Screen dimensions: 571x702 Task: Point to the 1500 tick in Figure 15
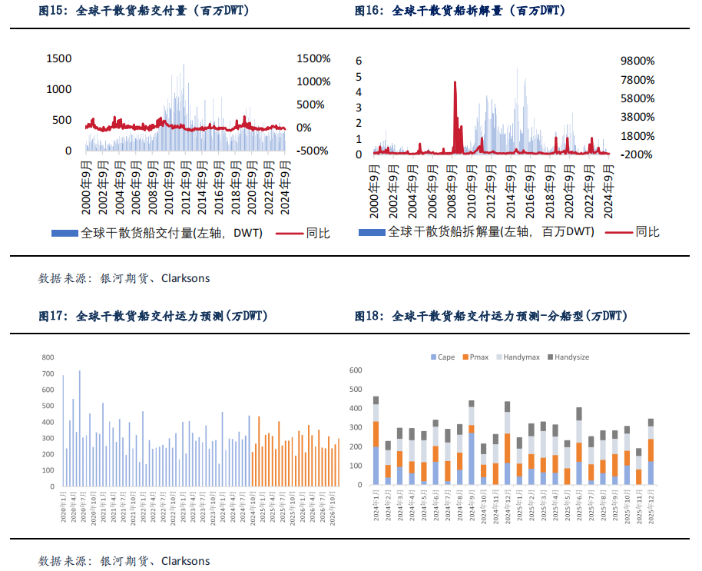point(59,58)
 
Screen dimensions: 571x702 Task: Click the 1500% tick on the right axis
point(313,59)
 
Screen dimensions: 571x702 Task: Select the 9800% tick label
point(636,61)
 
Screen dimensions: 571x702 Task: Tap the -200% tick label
point(636,154)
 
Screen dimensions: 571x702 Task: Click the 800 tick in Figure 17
point(48,357)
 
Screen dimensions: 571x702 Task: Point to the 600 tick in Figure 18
point(355,370)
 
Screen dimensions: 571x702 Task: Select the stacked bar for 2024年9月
point(471,443)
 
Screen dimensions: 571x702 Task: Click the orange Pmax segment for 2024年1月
point(376,433)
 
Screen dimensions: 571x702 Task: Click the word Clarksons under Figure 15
point(185,278)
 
